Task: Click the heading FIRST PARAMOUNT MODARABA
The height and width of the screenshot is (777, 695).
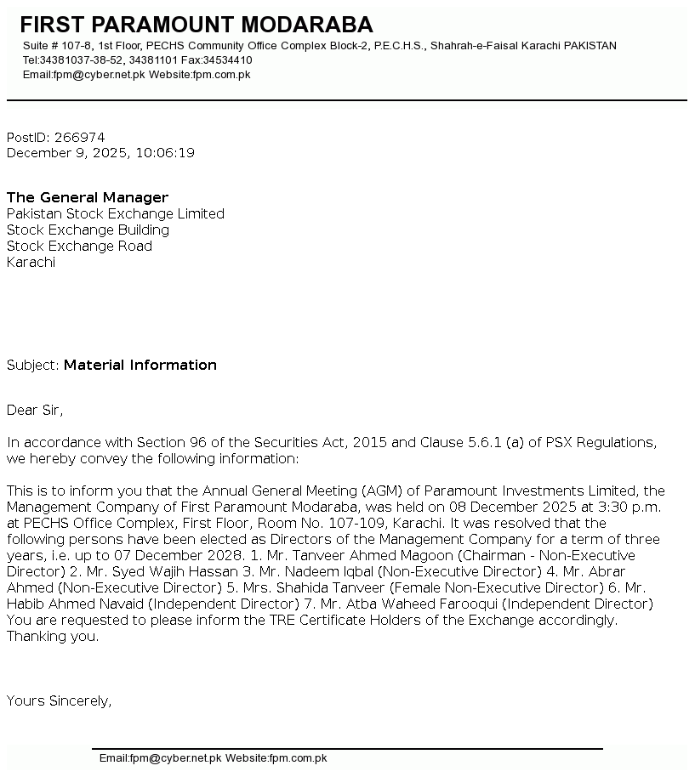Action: (x=196, y=25)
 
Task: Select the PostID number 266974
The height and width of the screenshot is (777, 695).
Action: (x=79, y=138)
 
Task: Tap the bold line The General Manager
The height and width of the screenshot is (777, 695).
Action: (x=88, y=198)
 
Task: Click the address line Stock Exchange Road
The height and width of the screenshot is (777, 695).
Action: (x=79, y=247)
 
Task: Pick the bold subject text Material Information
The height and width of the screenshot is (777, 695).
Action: (x=140, y=366)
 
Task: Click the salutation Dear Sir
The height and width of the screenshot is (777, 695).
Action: (x=34, y=411)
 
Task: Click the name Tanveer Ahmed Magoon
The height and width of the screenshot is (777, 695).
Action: (x=368, y=556)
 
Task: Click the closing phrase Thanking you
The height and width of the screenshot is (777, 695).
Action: (x=53, y=637)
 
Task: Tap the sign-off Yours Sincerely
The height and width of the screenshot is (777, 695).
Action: (x=59, y=701)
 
